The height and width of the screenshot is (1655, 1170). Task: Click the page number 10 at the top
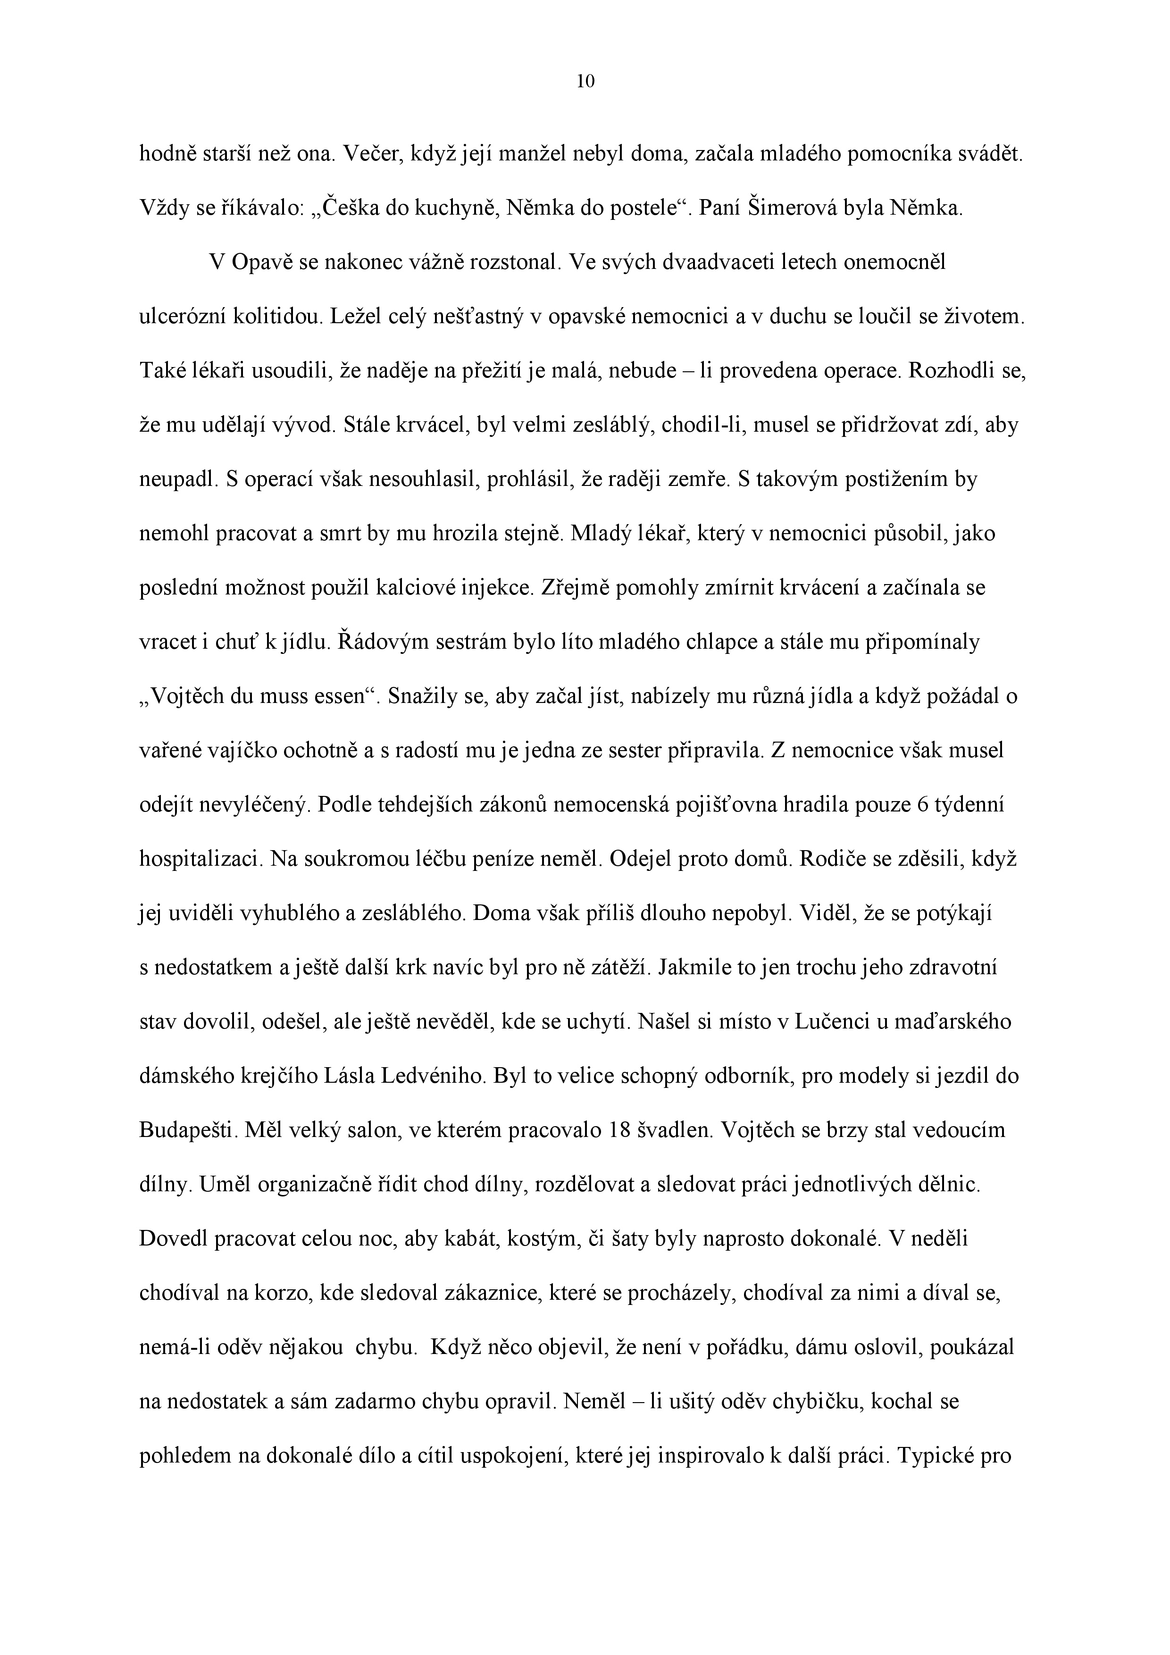click(586, 82)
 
